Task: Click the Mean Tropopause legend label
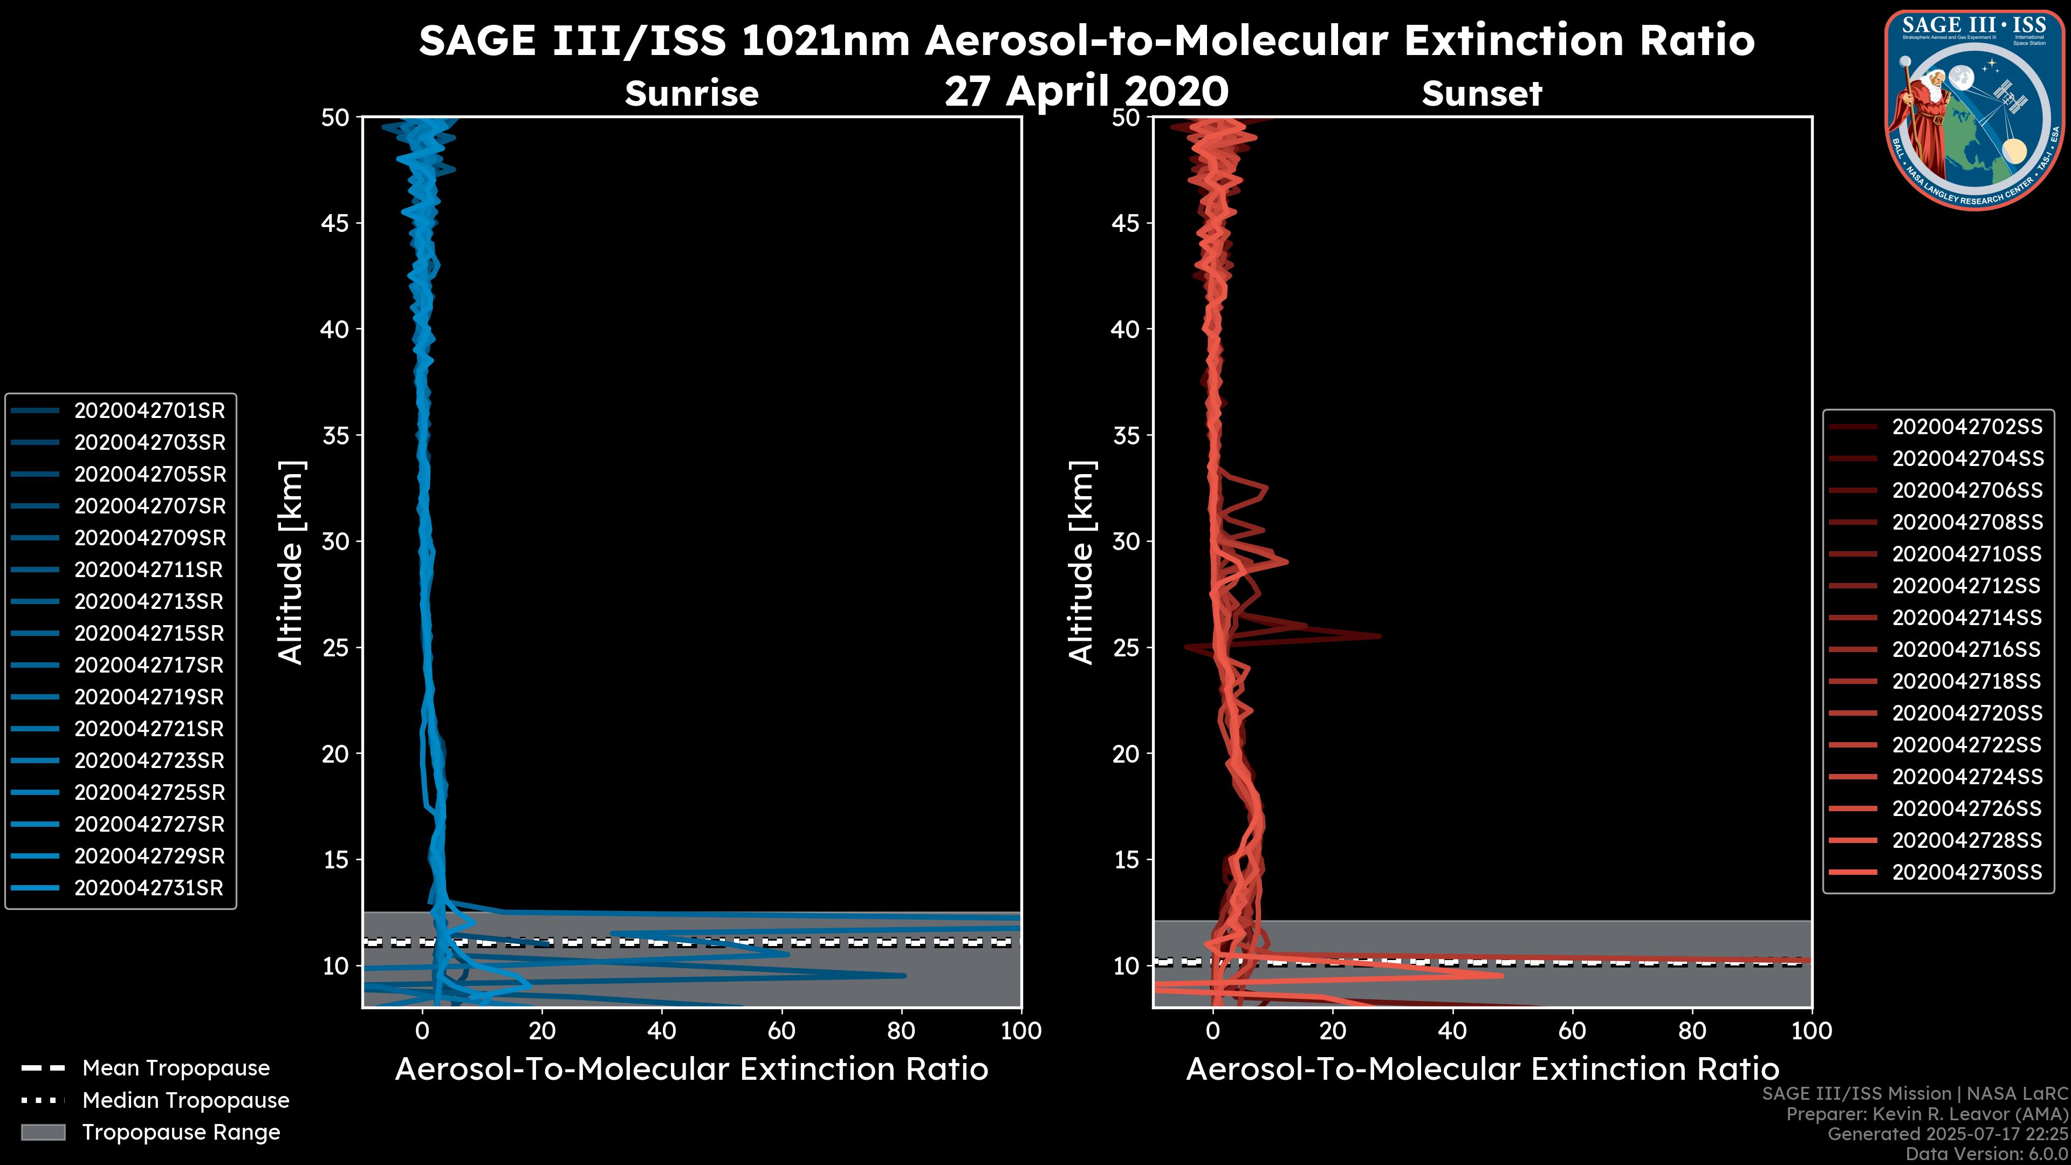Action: click(176, 1068)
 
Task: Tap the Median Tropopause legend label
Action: click(186, 1101)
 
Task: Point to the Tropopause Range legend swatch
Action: click(43, 1133)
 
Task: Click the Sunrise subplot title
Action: click(691, 94)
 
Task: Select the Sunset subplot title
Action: click(1482, 94)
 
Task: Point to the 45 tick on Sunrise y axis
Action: click(335, 223)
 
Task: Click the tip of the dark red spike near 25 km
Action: click(1381, 636)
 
